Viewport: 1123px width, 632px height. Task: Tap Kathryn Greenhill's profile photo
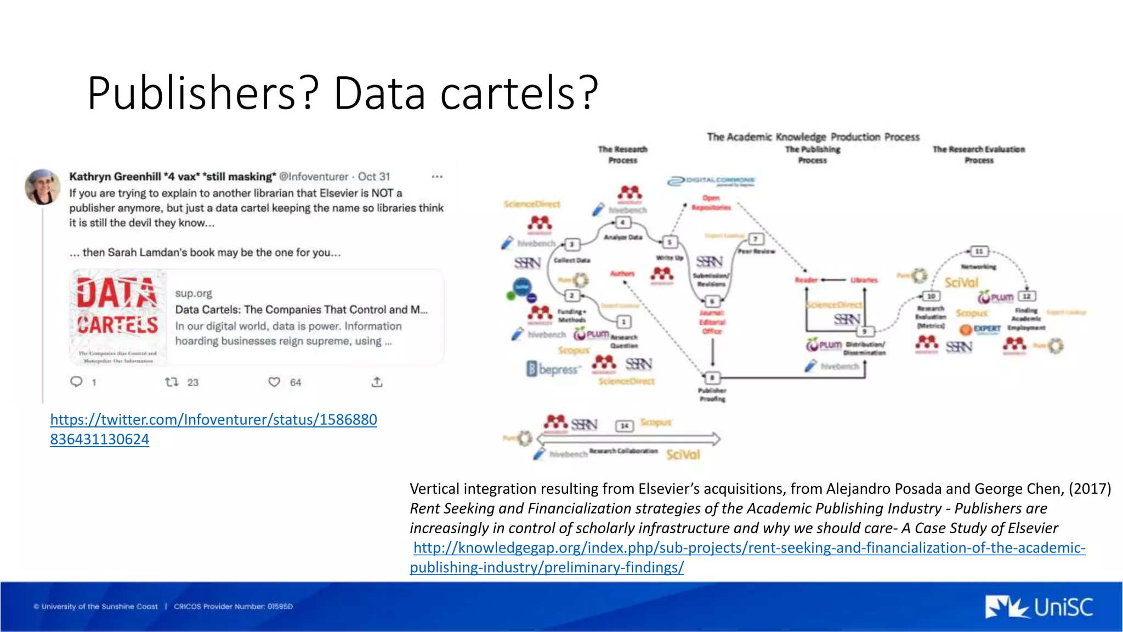pos(42,187)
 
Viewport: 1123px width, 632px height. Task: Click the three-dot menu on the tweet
pos(437,177)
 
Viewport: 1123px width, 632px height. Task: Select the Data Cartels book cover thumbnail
pos(118,317)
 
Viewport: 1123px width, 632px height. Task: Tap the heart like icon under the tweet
pos(274,382)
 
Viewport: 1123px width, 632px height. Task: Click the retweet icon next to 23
pos(172,382)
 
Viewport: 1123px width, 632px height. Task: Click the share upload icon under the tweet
pos(377,382)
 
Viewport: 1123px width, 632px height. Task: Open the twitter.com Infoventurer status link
pos(213,420)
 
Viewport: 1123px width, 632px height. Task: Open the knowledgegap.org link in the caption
pos(748,548)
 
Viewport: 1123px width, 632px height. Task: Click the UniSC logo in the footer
pos(1039,607)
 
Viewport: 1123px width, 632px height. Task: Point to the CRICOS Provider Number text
pos(233,606)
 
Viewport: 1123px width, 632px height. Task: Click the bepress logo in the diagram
pos(553,369)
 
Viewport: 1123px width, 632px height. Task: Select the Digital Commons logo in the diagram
pos(711,181)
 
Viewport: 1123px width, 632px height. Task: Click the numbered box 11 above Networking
pos(979,251)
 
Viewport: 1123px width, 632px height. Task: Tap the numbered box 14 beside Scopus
pos(624,425)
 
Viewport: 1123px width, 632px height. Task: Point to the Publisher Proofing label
pos(712,394)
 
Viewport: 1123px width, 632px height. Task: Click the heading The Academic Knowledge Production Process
pos(813,137)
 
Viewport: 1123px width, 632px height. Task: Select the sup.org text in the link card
pos(194,294)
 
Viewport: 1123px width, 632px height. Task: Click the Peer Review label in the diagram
pos(756,251)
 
